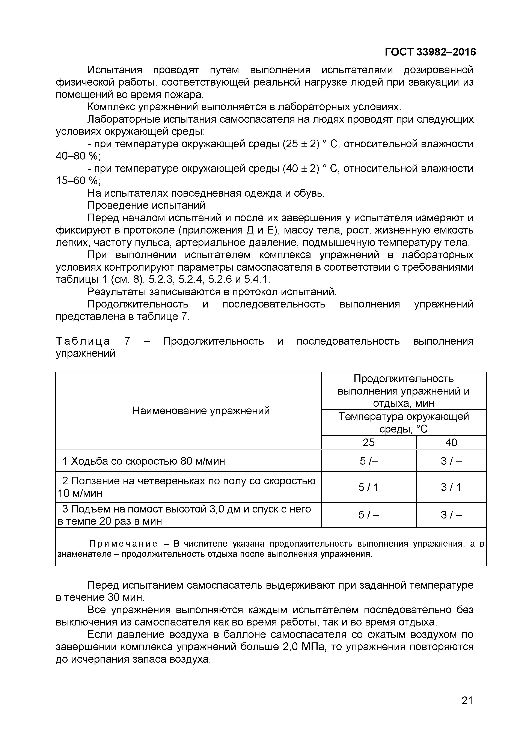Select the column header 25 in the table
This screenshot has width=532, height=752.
pyautogui.click(x=369, y=443)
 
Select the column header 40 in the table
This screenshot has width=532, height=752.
pyautogui.click(x=451, y=443)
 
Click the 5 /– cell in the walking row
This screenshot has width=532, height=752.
pyautogui.click(x=369, y=461)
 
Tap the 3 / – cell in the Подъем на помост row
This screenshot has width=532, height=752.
pyautogui.click(x=451, y=515)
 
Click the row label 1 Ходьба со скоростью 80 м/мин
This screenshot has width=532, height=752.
pyautogui.click(x=144, y=461)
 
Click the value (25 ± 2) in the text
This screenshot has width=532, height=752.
pyautogui.click(x=301, y=144)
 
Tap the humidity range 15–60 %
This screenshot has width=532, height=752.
pyautogui.click(x=78, y=181)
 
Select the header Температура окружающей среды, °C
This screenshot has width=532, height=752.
pyautogui.click(x=403, y=422)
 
